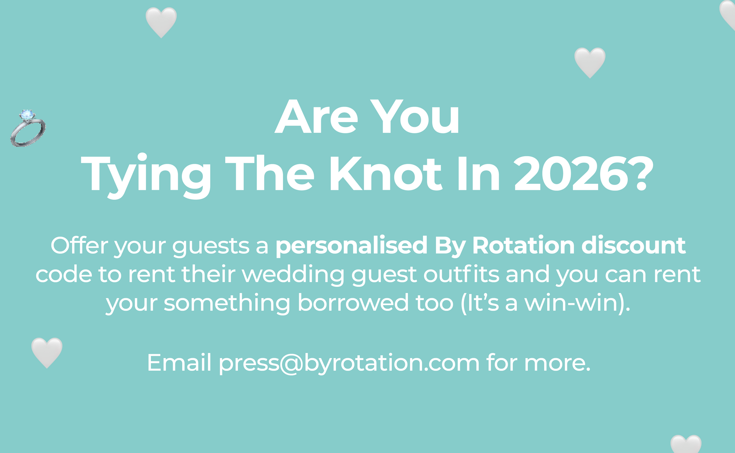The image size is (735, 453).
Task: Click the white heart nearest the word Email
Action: [x=47, y=353]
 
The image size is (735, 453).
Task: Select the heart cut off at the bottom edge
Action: [x=686, y=444]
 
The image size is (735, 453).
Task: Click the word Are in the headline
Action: [x=316, y=118]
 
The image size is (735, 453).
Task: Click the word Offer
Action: [x=79, y=245]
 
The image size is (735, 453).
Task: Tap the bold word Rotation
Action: [x=523, y=246]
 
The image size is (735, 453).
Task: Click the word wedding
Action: [x=293, y=275]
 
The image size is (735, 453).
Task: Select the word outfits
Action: [x=461, y=274]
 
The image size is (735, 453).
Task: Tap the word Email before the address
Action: [x=179, y=363]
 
